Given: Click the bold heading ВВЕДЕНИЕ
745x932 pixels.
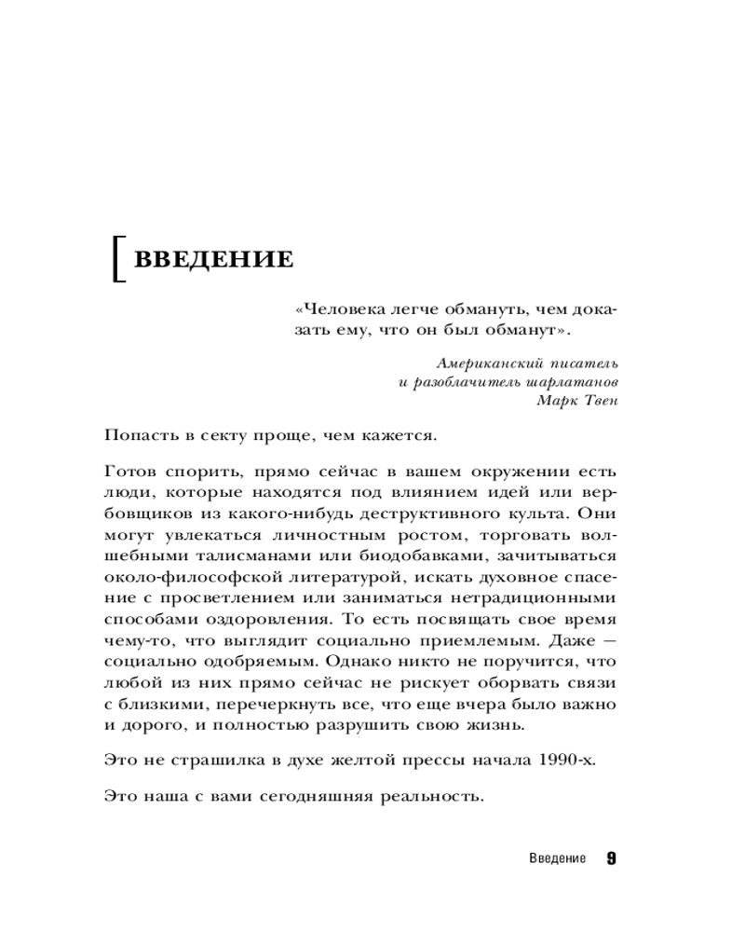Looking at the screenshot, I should click(x=214, y=258).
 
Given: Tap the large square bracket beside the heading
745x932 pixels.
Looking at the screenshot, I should click(x=117, y=259).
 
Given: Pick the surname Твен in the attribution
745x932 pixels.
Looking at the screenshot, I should click(x=596, y=401).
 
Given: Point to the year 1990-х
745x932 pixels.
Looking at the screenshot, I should click(x=565, y=760).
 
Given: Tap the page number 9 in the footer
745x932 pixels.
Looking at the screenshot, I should click(x=610, y=858).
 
